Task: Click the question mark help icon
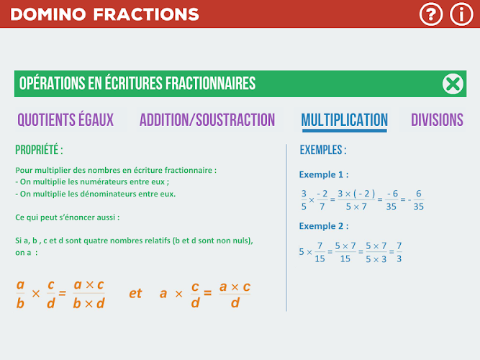(x=431, y=14)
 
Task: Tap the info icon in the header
(x=461, y=14)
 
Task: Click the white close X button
(x=453, y=84)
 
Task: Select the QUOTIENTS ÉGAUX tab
(x=65, y=120)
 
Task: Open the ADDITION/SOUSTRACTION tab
(x=207, y=120)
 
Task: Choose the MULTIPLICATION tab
(x=345, y=120)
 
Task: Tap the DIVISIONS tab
(x=437, y=120)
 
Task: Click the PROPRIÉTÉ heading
(x=39, y=150)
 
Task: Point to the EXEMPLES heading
(x=323, y=150)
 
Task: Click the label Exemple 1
(x=324, y=175)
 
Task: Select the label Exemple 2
(x=324, y=226)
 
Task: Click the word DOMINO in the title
(x=48, y=14)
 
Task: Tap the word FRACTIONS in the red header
(x=146, y=14)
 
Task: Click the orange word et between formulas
(x=135, y=294)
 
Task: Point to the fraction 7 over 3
(x=399, y=252)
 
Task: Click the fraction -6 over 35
(x=391, y=199)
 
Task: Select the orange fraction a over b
(x=20, y=294)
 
